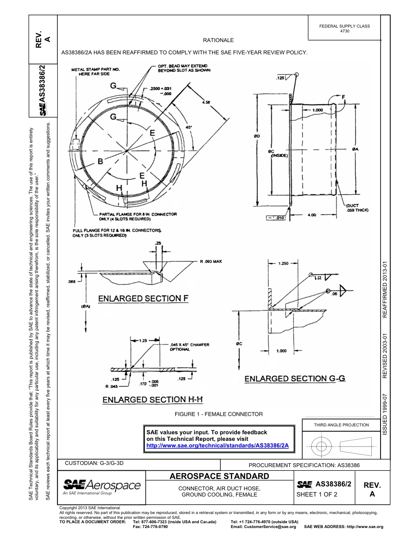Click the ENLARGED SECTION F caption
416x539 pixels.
pyautogui.click(x=143, y=299)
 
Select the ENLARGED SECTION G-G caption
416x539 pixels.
pyautogui.click(x=295, y=378)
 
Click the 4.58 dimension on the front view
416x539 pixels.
pyautogui.click(x=206, y=102)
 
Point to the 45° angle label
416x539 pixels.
pyautogui.click(x=189, y=127)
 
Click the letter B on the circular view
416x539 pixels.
pyautogui.click(x=100, y=162)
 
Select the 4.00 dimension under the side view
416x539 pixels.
pyautogui.click(x=312, y=214)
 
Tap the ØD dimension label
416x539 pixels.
pyautogui.click(x=257, y=136)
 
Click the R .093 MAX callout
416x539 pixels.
pyautogui.click(x=211, y=262)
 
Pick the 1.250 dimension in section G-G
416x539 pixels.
pyautogui.click(x=283, y=264)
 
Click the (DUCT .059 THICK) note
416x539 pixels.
pyautogui.click(x=357, y=208)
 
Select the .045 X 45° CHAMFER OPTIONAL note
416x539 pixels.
pyautogui.click(x=189, y=347)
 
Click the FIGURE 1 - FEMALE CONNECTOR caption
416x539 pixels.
pyautogui.click(x=219, y=414)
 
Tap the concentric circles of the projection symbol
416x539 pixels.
pyautogui.click(x=322, y=447)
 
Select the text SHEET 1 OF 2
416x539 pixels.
pyautogui.click(x=317, y=495)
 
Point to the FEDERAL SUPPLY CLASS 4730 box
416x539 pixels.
pyautogui.click(x=345, y=28)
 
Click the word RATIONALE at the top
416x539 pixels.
pyautogui.click(x=218, y=40)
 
